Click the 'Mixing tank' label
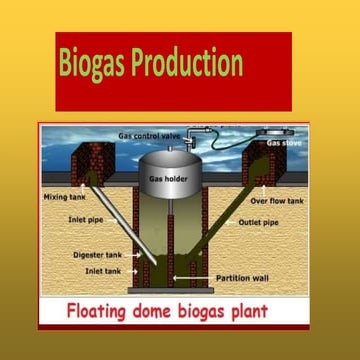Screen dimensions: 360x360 click(63, 197)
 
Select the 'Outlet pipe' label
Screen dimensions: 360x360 click(258, 222)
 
